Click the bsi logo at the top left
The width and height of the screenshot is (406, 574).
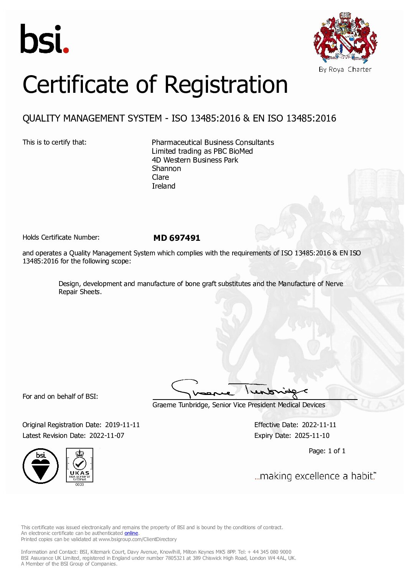[44, 39]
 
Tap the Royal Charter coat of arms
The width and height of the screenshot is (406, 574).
[345, 38]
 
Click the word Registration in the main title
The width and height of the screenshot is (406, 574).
[226, 85]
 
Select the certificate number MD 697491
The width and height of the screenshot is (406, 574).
[177, 238]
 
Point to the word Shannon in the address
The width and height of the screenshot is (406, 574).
[166, 169]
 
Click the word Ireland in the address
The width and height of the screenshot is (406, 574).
[163, 186]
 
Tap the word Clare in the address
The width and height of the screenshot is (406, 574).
[160, 178]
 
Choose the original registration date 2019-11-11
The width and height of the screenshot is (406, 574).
[122, 425]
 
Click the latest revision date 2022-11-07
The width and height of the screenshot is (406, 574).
[107, 436]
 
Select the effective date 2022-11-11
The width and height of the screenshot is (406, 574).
[319, 425]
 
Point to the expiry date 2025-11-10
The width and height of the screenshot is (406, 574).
[312, 436]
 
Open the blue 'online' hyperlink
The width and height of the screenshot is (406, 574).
[131, 533]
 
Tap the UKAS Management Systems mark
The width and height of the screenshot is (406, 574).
[79, 466]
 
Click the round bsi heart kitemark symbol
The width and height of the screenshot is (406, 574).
[41, 466]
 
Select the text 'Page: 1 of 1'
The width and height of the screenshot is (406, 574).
[327, 451]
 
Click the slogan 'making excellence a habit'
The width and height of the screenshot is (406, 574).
[315, 476]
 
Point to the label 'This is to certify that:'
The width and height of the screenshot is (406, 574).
[54, 142]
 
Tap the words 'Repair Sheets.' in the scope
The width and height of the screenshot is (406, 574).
[80, 292]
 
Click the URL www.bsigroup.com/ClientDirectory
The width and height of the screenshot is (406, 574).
[137, 539]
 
